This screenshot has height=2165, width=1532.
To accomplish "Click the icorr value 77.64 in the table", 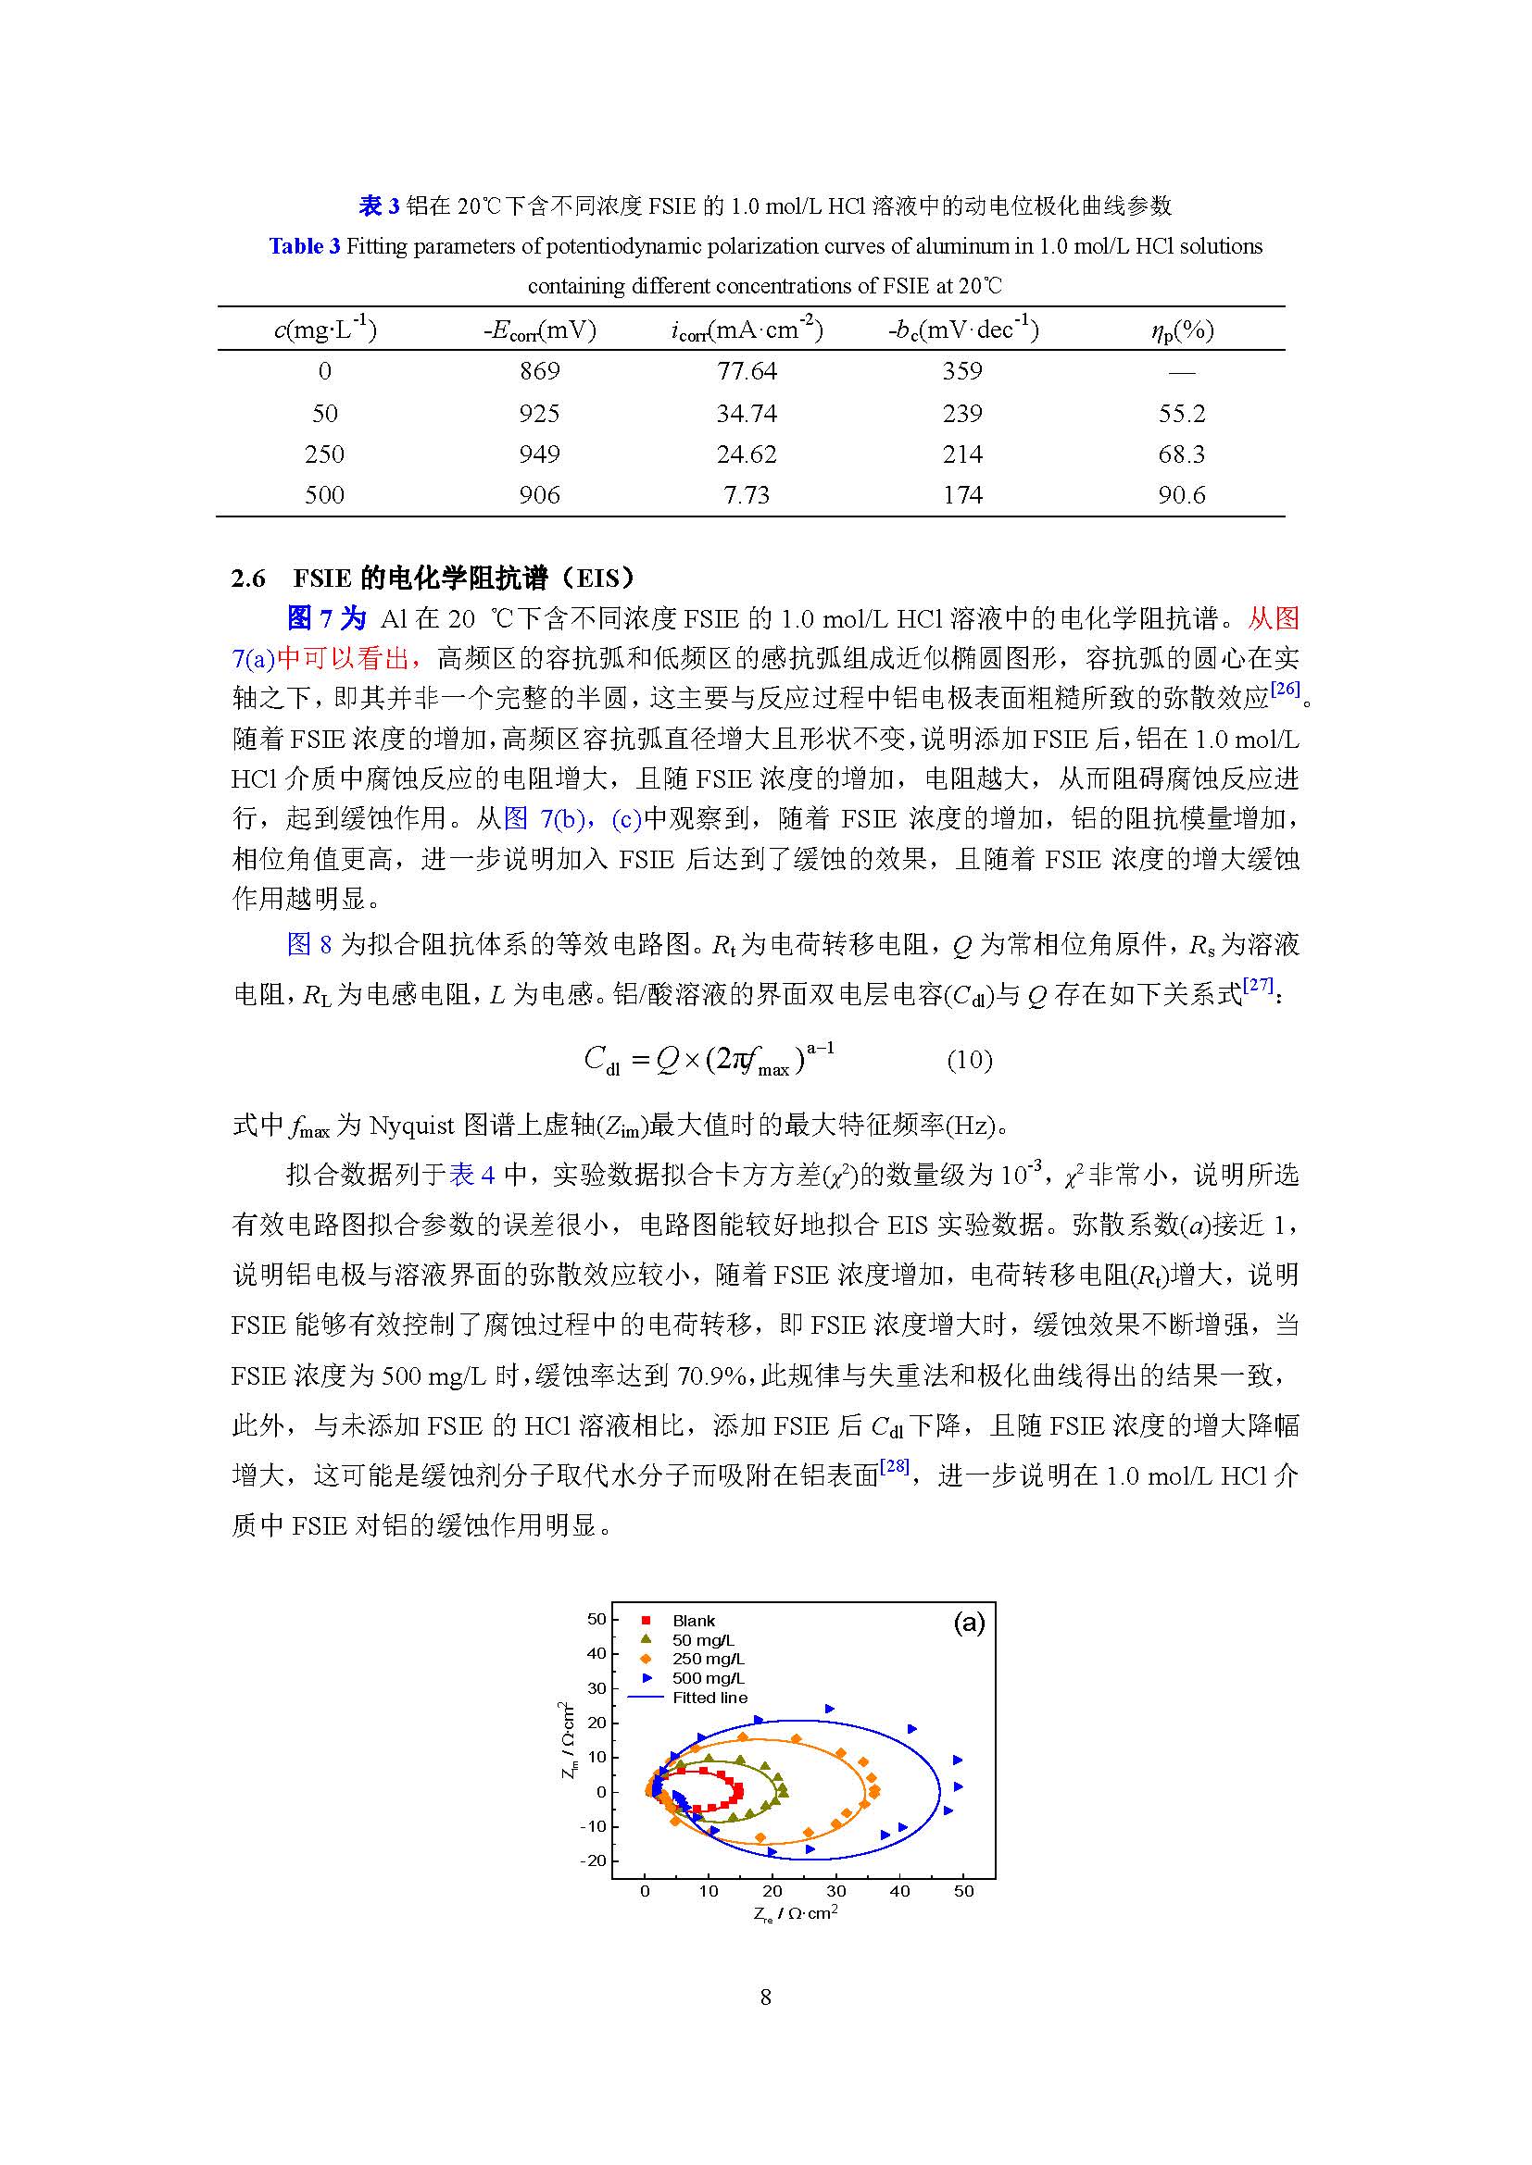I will [747, 371].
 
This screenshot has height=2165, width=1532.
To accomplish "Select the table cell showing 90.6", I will [1181, 495].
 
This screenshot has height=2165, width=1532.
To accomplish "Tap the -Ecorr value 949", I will [539, 454].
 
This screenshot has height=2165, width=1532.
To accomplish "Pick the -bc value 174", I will [962, 495].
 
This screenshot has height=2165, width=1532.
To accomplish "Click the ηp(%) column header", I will [1181, 330].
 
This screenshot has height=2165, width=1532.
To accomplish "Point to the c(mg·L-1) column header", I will [324, 330].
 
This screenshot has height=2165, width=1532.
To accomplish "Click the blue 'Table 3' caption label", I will [304, 247].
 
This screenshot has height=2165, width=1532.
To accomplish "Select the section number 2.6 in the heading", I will [248, 578].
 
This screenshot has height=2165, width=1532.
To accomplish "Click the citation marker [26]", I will [1285, 690].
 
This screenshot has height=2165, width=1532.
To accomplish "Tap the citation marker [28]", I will [895, 1466].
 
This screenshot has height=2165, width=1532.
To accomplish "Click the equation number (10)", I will [969, 1061].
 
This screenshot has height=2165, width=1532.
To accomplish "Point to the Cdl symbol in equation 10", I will [602, 1061].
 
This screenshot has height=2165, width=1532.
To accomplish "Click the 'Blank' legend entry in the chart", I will [694, 1621].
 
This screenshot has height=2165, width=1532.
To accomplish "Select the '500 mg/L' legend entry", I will [708, 1678].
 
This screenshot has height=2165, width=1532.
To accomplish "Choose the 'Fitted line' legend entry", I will [709, 1698].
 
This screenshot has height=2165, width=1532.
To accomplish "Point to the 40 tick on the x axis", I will [900, 1891].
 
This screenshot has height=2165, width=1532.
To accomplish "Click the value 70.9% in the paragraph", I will [712, 1375].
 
